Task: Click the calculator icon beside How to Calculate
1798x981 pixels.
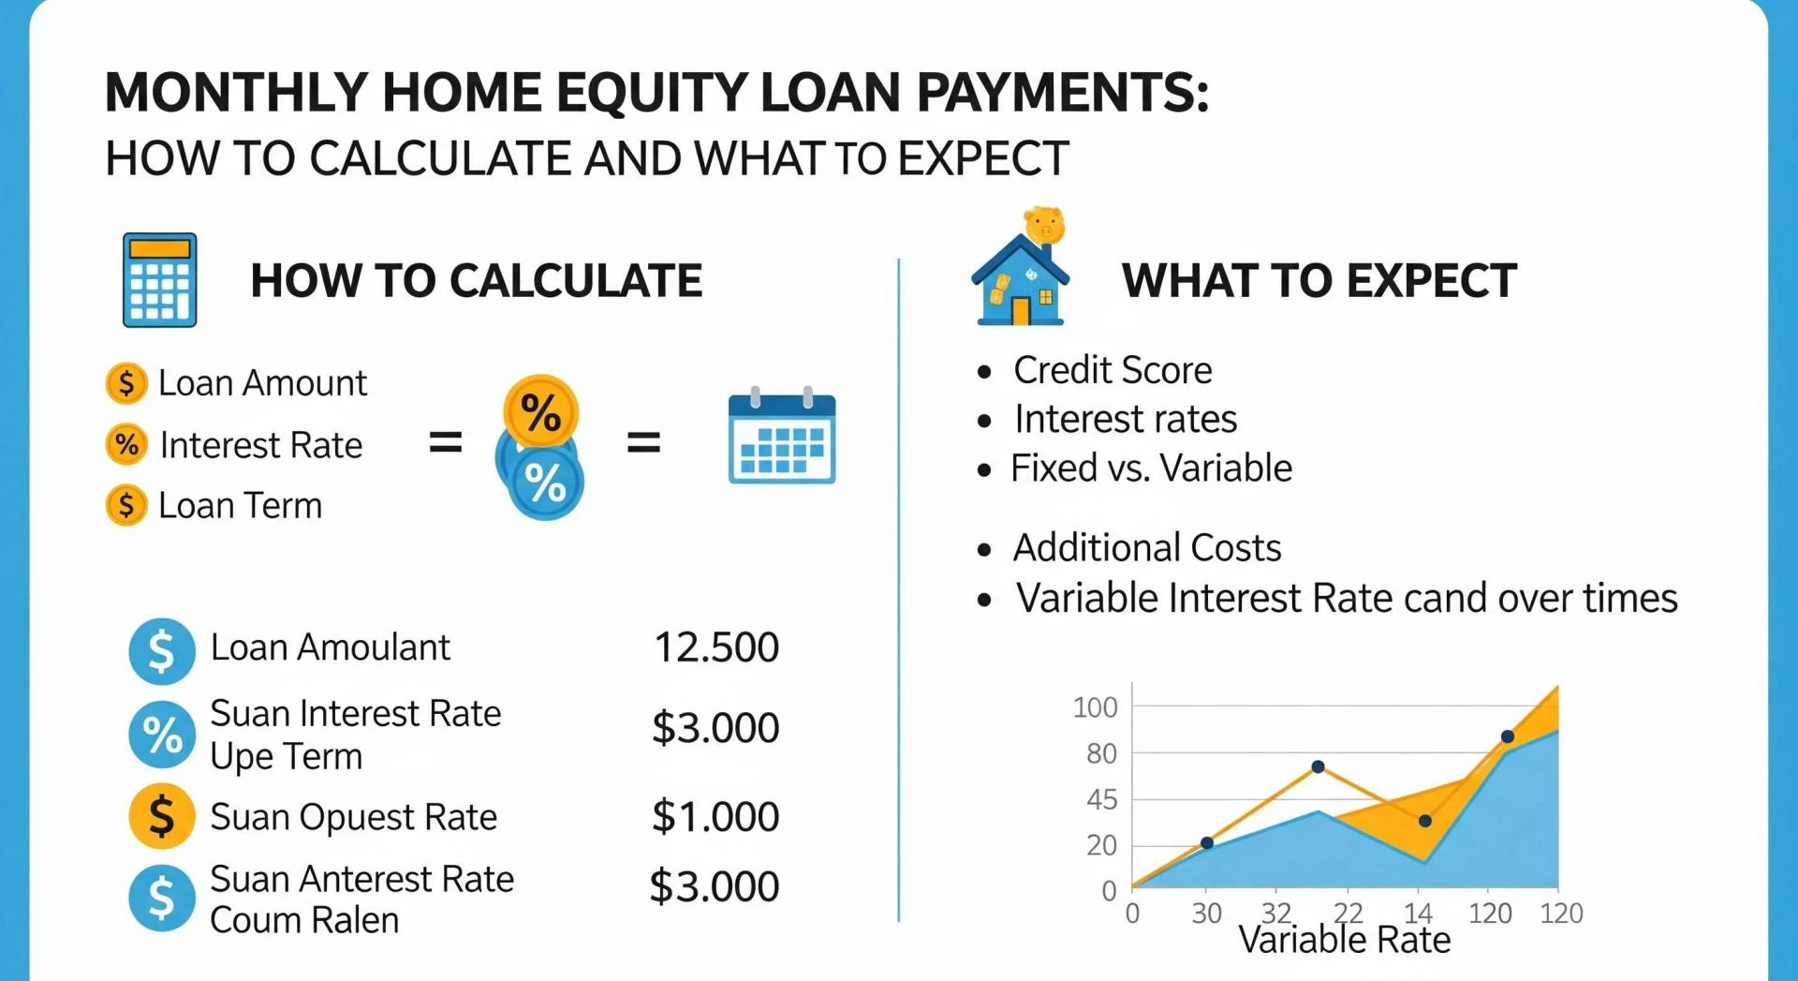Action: (159, 280)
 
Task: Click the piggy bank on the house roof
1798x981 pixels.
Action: (1044, 226)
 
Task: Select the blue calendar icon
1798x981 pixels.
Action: (782, 438)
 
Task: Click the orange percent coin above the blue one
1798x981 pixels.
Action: (540, 410)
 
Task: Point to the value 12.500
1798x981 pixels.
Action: (715, 647)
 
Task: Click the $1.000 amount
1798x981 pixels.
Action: (715, 816)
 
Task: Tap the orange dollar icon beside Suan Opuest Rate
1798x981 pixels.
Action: (161, 816)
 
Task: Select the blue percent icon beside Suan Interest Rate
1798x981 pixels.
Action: (161, 734)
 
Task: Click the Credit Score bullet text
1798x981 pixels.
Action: (1112, 370)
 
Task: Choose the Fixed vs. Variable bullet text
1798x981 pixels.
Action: (1151, 468)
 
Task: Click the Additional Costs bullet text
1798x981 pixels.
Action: (1146, 547)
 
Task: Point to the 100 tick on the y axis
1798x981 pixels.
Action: (1095, 707)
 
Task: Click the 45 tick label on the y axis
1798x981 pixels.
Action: (1101, 799)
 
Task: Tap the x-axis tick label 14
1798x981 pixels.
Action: (1418, 913)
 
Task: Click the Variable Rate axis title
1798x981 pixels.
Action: (1344, 940)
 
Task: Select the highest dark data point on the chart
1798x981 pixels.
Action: (1507, 736)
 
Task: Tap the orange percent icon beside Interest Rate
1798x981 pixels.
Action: (126, 444)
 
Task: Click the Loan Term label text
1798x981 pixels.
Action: (240, 506)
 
